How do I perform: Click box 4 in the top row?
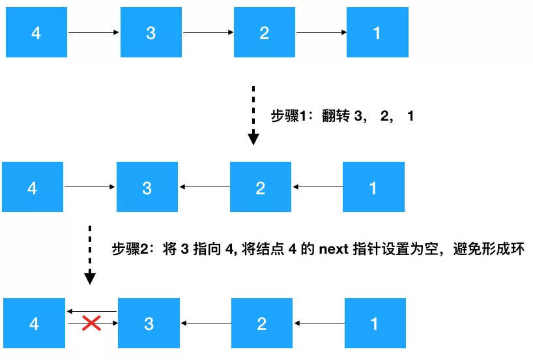pyautogui.click(x=36, y=33)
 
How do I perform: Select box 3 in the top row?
pyautogui.click(x=151, y=33)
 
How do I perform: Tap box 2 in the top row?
pyautogui.click(x=265, y=33)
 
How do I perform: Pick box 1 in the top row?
pyautogui.click(x=377, y=33)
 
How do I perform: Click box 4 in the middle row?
pyautogui.click(x=33, y=188)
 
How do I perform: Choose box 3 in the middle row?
pyautogui.click(x=147, y=188)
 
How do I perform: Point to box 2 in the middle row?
pyautogui.click(x=261, y=188)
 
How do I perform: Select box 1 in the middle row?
pyautogui.click(x=373, y=188)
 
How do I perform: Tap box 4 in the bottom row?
pyautogui.click(x=34, y=323)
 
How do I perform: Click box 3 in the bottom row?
pyautogui.click(x=149, y=323)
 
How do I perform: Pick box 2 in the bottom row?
pyautogui.click(x=262, y=323)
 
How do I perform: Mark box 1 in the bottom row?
pyautogui.click(x=375, y=323)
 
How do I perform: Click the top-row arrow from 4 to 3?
pyautogui.click(x=94, y=33)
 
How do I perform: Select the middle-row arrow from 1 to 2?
pyautogui.click(x=317, y=188)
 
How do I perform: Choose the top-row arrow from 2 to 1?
pyautogui.click(x=321, y=33)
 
